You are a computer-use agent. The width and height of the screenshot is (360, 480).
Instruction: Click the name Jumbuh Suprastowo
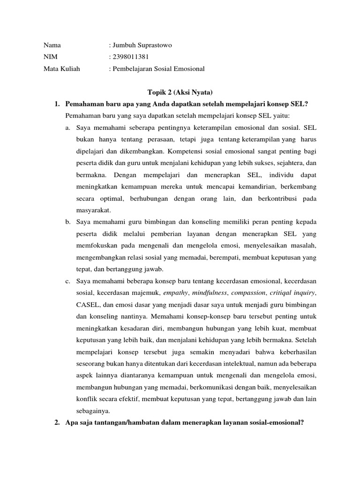[x=142, y=45]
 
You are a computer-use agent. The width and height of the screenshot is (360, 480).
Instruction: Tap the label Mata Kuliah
[x=62, y=68]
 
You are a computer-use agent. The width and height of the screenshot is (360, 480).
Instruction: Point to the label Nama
[x=52, y=45]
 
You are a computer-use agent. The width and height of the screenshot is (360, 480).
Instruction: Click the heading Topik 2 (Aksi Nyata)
[x=180, y=93]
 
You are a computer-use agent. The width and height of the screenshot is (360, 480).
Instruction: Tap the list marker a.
[x=68, y=127]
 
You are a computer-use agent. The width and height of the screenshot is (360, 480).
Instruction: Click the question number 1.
[x=57, y=104]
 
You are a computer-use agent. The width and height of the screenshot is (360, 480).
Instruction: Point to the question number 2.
[x=57, y=422]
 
